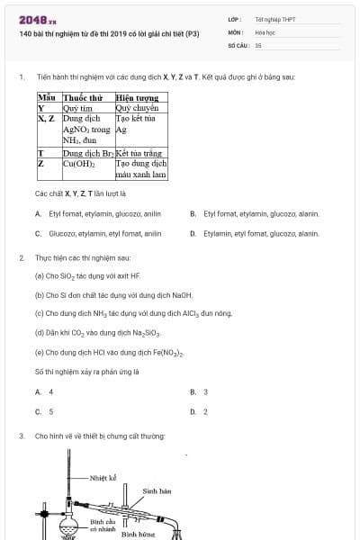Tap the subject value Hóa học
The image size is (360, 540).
[265, 31]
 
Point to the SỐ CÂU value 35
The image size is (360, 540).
[258, 44]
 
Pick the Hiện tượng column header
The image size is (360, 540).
[137, 97]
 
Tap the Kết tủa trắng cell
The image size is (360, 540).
[141, 154]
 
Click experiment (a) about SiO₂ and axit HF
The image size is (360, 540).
[87, 275]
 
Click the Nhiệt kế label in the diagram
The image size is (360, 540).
[104, 478]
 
